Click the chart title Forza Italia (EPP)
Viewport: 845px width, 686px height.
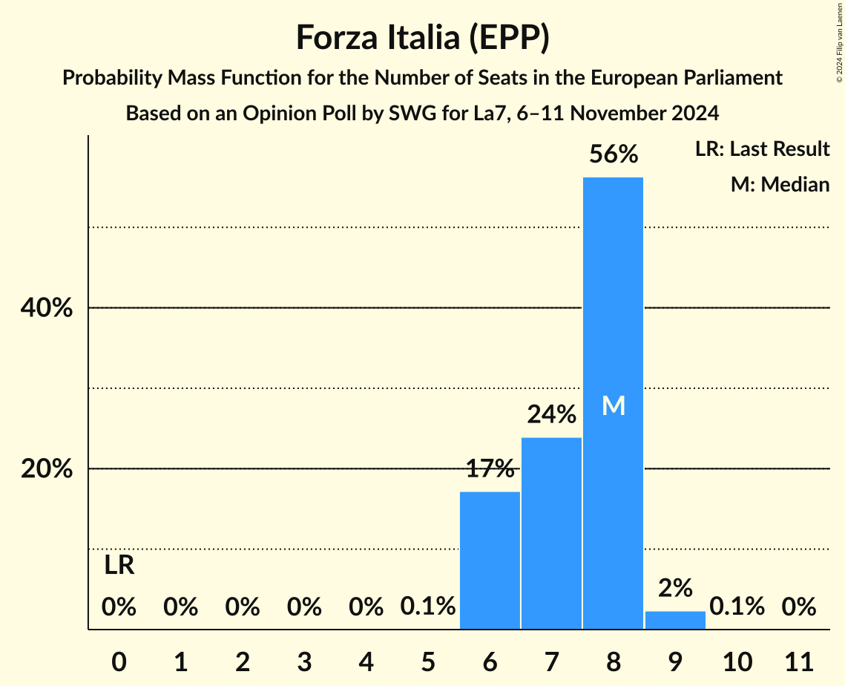[x=422, y=37]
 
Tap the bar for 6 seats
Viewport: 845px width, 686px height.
[x=490, y=561]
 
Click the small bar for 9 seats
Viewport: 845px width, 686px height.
[x=675, y=621]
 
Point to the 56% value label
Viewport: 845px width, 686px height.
[x=613, y=154]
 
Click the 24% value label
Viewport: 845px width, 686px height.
[x=551, y=414]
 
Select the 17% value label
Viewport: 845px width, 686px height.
[x=490, y=468]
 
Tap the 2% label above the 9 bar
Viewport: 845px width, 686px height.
[x=675, y=588]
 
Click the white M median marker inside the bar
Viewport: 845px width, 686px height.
[x=613, y=405]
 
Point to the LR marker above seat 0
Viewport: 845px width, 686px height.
[x=119, y=566]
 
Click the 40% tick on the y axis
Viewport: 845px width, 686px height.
[x=46, y=308]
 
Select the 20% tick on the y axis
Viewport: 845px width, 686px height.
[x=46, y=469]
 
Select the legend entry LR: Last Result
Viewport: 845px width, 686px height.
[x=762, y=149]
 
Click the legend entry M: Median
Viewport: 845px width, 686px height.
[x=780, y=184]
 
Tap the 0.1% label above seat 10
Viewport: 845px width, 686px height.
[x=737, y=607]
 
